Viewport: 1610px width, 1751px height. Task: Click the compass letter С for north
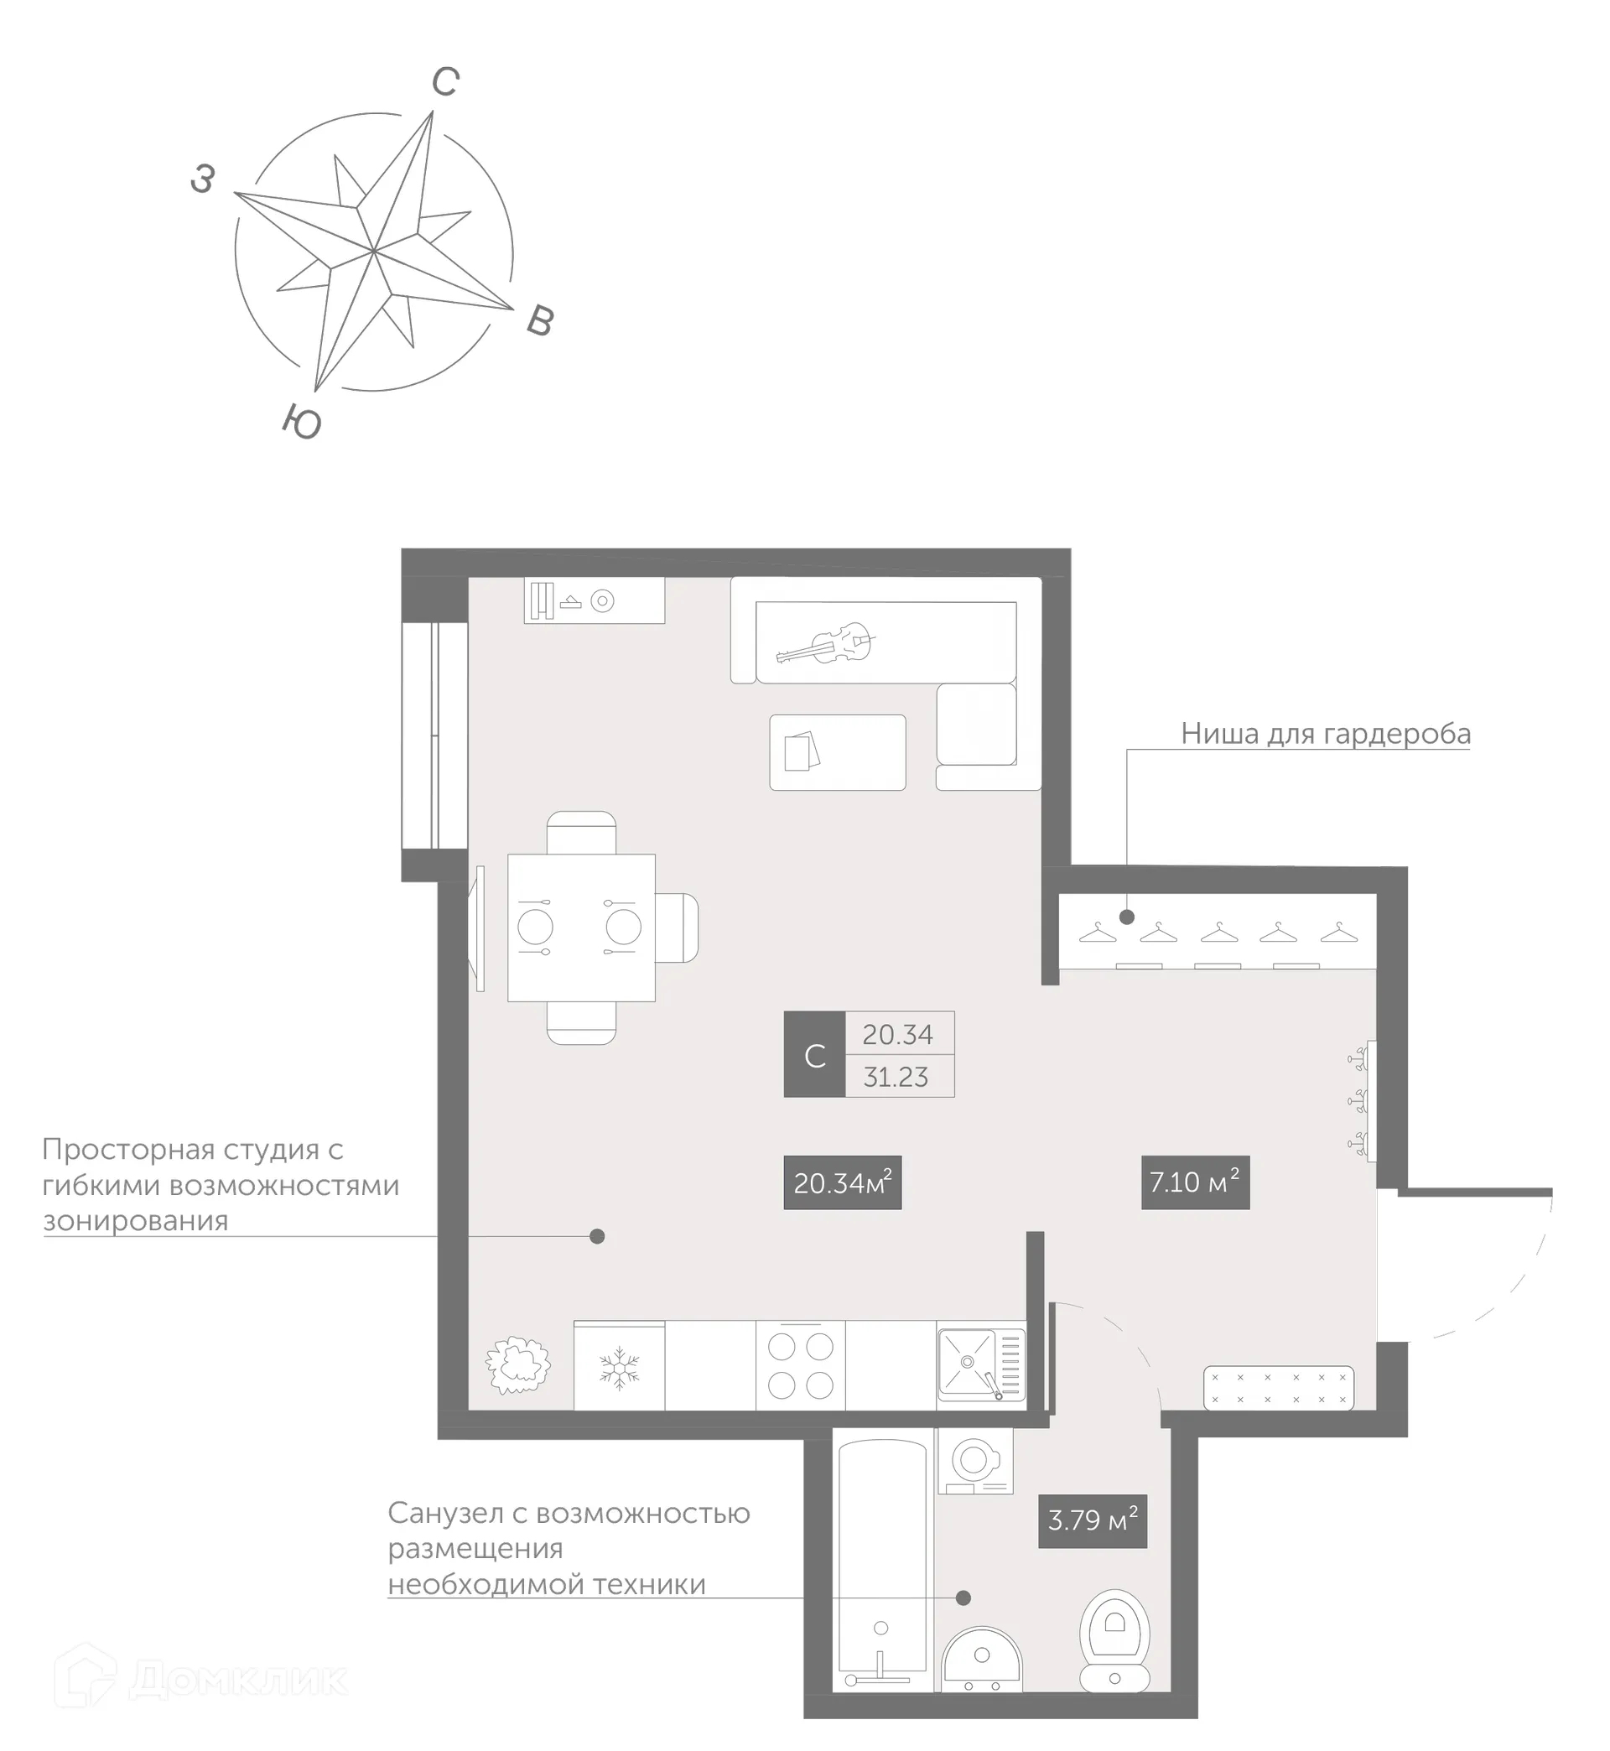click(x=445, y=82)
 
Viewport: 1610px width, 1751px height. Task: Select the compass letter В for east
click(x=540, y=321)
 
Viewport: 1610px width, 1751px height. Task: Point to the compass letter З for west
click(x=202, y=179)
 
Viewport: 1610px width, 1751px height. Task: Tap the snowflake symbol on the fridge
click(x=620, y=1368)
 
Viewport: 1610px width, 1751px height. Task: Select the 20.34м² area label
click(x=843, y=1182)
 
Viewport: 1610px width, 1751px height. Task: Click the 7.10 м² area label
click(x=1194, y=1182)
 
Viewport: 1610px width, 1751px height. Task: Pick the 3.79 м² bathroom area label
click(x=1093, y=1520)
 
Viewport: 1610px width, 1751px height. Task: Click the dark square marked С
click(x=814, y=1054)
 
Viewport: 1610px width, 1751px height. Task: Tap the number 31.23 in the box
click(x=896, y=1077)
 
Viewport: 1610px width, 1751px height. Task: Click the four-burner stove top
click(x=801, y=1366)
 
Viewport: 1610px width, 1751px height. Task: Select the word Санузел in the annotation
click(x=444, y=1512)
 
